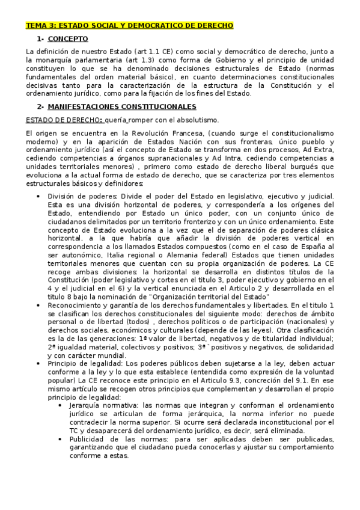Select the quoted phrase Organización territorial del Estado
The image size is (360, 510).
pos(213,297)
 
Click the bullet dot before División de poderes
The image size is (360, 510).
pos(39,196)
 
